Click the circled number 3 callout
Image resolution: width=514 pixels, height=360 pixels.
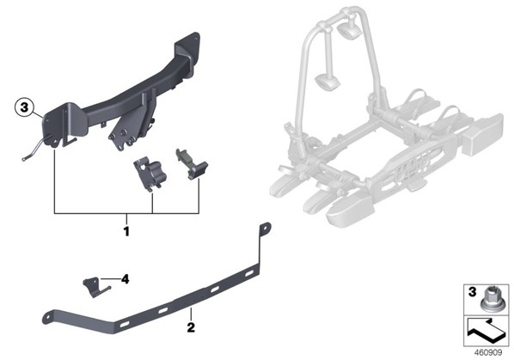pos(25,107)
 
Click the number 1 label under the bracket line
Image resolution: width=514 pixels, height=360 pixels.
pos(126,232)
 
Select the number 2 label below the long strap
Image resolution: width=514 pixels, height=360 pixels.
pos(191,326)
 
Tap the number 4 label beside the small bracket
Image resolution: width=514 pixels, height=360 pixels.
pos(125,279)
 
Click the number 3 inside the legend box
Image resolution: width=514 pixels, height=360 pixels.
pos(472,292)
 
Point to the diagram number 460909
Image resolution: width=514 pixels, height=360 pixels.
pos(488,352)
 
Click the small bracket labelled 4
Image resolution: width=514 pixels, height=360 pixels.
pos(95,287)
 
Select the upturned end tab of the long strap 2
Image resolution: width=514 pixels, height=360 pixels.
pos(265,229)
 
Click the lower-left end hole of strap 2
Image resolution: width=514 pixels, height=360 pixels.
pos(47,319)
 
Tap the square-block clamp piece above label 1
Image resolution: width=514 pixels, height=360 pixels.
pos(150,174)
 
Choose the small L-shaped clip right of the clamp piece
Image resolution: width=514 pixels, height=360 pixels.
pos(192,164)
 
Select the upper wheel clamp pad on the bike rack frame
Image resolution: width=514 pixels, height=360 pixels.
pos(348,30)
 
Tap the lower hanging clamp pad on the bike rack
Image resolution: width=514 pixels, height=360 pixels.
pos(327,81)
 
